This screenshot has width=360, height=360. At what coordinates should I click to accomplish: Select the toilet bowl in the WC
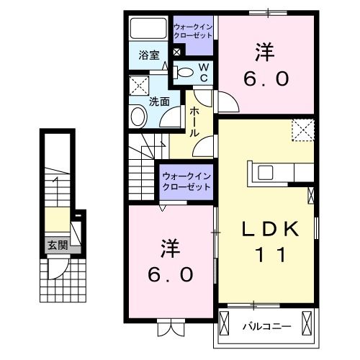[185, 71]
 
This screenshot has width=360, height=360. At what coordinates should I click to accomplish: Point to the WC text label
[204, 71]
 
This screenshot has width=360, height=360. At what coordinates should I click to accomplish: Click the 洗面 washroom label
[159, 102]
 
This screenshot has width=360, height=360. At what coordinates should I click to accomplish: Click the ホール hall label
[194, 123]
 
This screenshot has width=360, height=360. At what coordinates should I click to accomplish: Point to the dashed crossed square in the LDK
[302, 130]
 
